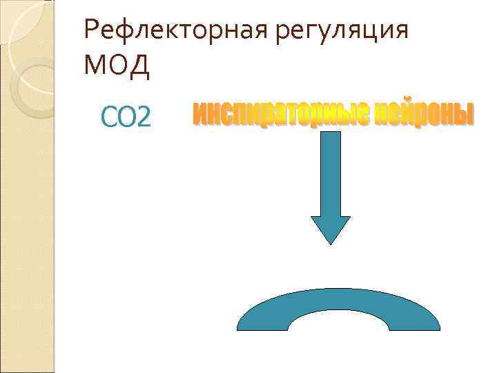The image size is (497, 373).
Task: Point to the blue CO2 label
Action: pos(125,117)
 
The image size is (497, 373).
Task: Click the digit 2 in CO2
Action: pos(143,118)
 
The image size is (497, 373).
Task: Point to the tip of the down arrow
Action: pos(331,243)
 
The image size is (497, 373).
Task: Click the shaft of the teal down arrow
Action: pos(331,173)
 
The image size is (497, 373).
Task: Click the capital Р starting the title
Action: pos(90,31)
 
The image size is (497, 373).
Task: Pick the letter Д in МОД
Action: pos(138,66)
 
